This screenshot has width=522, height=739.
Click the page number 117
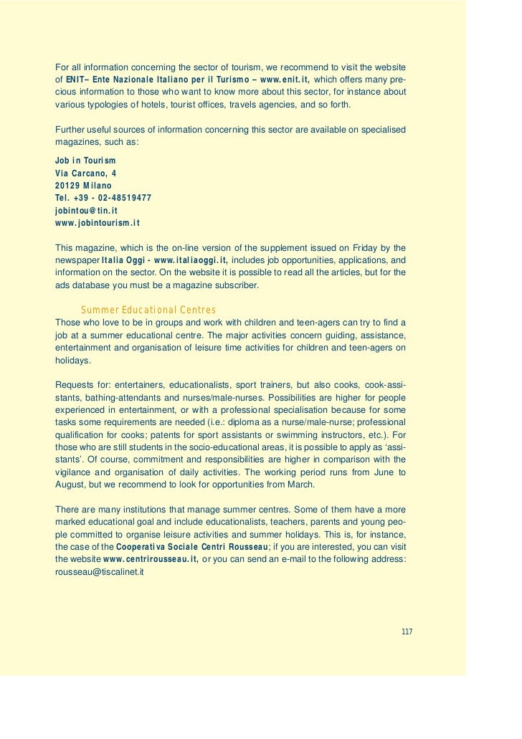point(407,631)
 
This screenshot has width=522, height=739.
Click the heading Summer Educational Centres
point(148,310)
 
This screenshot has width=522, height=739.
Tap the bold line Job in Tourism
point(85,160)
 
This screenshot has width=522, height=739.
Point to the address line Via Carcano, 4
point(86,173)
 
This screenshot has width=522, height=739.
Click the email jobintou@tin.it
point(86,211)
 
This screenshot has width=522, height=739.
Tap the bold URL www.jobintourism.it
point(97,223)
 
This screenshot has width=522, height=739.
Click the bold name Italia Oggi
point(123,259)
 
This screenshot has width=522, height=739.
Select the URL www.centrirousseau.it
point(151,559)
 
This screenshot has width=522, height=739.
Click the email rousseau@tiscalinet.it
point(100,572)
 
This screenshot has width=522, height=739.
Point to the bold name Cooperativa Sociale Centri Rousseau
point(192,546)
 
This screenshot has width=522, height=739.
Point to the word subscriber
point(236,285)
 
